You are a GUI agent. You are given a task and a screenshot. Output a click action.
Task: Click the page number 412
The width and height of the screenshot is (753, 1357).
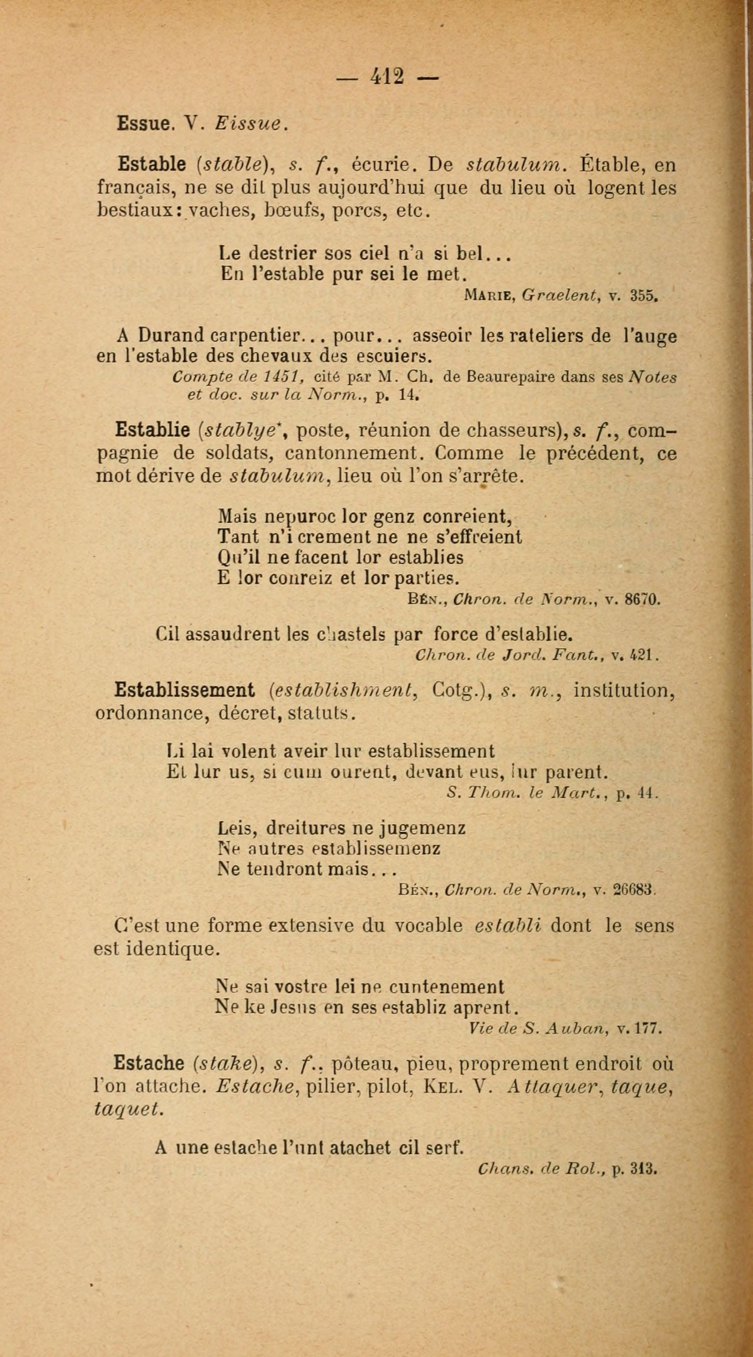click(387, 77)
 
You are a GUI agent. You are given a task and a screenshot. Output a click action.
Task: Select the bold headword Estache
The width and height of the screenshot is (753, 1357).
click(149, 1063)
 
